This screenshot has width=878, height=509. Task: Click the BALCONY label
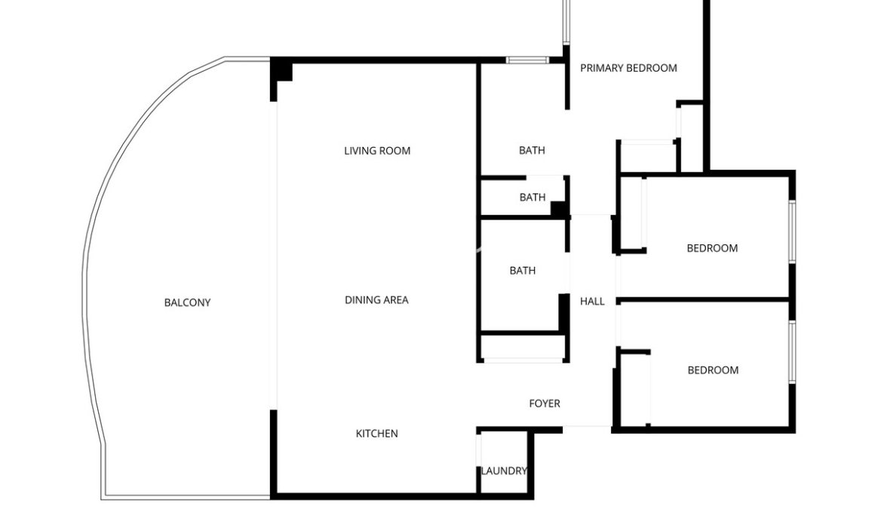(x=187, y=302)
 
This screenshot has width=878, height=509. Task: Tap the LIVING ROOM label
(x=377, y=151)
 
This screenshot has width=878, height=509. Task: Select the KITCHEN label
(x=377, y=434)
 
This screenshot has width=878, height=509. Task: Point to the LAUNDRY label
(x=504, y=471)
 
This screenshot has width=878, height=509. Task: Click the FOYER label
(x=545, y=403)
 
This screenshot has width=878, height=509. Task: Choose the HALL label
(x=592, y=302)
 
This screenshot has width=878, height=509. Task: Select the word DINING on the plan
(x=361, y=300)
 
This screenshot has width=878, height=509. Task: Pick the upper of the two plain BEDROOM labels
(x=712, y=248)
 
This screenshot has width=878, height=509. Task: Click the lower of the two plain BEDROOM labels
(x=713, y=370)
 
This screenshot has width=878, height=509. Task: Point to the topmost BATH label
(x=532, y=150)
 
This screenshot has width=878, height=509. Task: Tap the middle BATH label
(x=533, y=197)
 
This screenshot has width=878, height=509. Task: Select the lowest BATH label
(x=523, y=271)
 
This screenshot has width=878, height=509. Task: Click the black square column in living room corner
(x=281, y=69)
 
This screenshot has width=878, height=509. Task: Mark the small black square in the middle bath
(x=558, y=208)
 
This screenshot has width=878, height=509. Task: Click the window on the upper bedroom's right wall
(x=792, y=232)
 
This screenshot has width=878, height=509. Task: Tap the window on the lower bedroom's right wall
(x=792, y=352)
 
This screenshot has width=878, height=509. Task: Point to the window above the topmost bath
(x=527, y=60)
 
